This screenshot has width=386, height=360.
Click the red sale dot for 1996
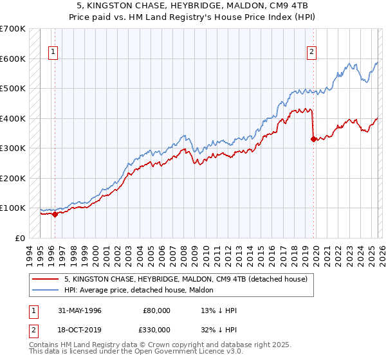(x=55, y=214)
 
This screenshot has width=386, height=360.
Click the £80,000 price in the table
(x=157, y=310)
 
